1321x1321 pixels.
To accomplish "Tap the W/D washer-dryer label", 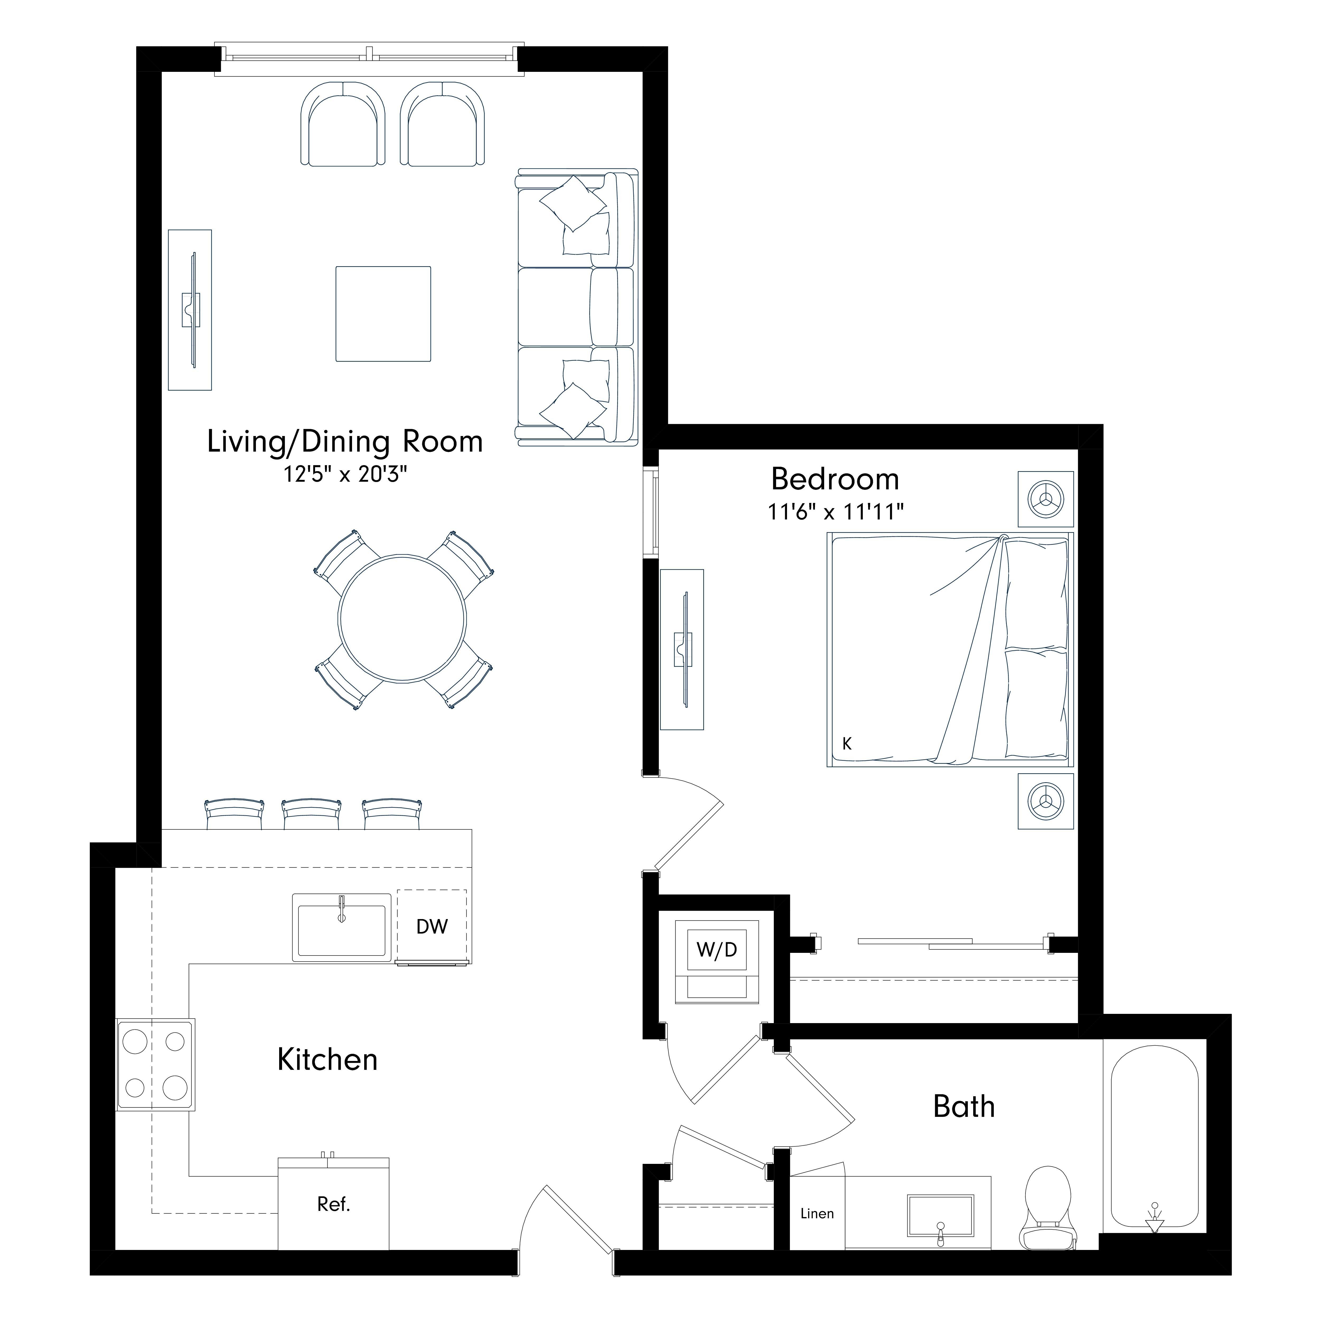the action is click(x=716, y=950).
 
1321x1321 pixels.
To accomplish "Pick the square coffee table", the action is click(x=383, y=314).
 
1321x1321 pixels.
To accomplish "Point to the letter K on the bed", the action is click(x=847, y=744).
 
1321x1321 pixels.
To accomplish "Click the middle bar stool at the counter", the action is click(x=312, y=814).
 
